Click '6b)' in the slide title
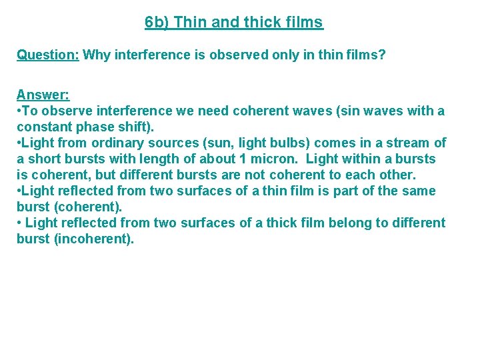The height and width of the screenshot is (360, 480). click(156, 23)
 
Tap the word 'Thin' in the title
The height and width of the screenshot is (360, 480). click(190, 23)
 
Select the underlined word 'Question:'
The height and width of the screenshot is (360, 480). click(48, 55)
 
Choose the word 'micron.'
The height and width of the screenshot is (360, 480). click(274, 159)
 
